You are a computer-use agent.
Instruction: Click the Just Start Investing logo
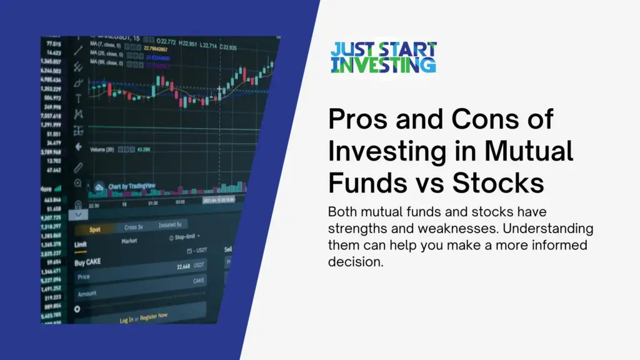pyautogui.click(x=383, y=57)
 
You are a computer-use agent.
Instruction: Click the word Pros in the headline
pyautogui.click(x=359, y=119)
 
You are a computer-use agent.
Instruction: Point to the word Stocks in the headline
pyautogui.click(x=497, y=184)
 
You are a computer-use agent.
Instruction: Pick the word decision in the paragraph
pyautogui.click(x=354, y=262)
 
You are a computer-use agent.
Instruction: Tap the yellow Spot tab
pyautogui.click(x=95, y=229)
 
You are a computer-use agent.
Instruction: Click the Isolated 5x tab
pyautogui.click(x=171, y=224)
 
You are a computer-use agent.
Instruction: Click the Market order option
pyautogui.click(x=129, y=241)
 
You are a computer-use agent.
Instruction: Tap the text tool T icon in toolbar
pyautogui.click(x=79, y=98)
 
